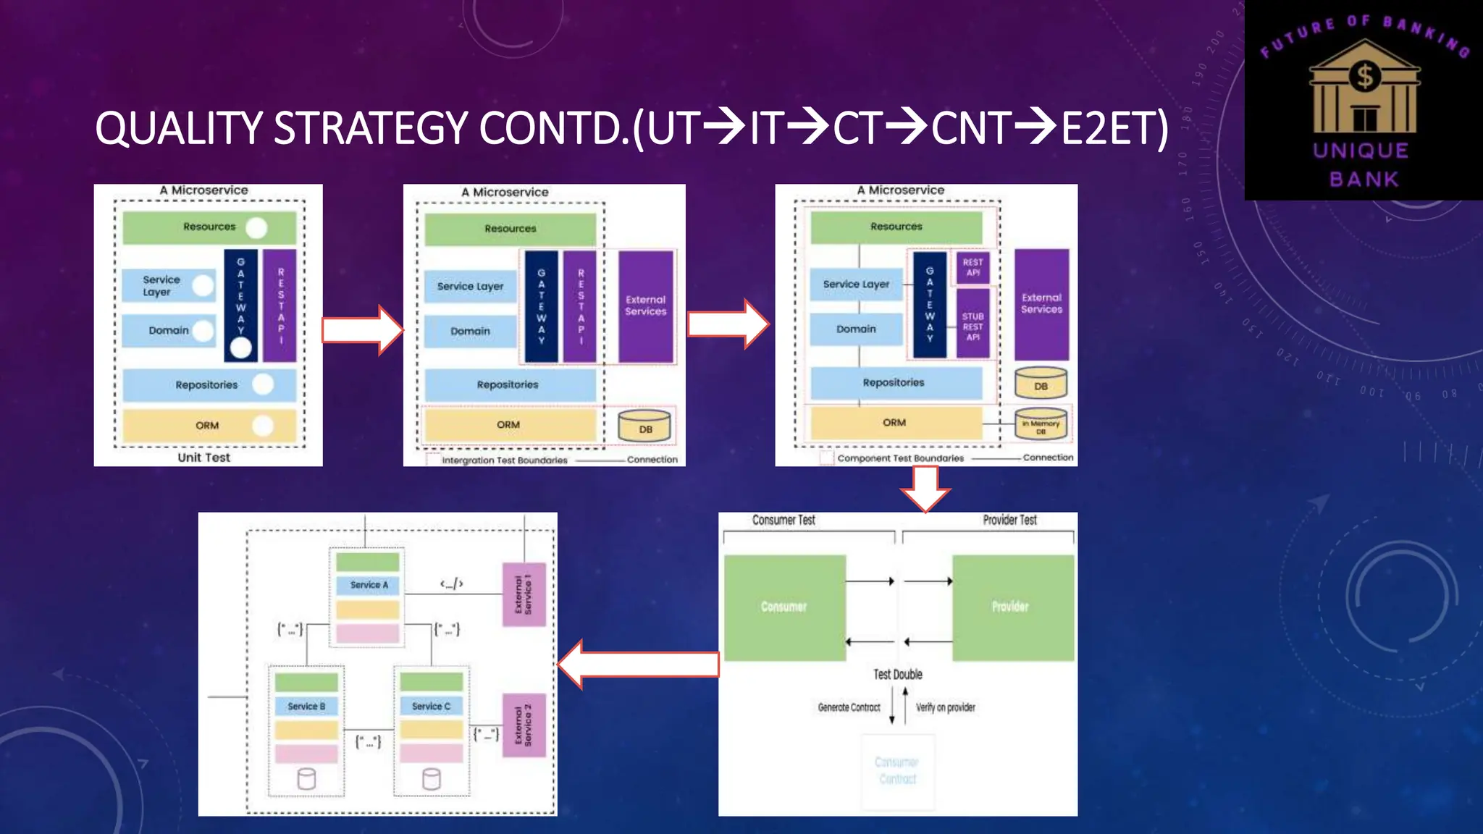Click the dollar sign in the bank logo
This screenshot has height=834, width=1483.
1365,76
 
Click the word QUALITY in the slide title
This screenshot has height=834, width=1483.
182,128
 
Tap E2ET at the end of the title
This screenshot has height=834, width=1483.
1114,128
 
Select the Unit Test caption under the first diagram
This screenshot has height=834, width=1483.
203,458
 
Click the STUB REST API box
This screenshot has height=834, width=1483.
972,327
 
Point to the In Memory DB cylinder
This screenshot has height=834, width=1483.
1041,425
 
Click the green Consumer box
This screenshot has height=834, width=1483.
784,607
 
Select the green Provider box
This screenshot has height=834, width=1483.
1012,607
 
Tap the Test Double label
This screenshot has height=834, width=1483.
897,674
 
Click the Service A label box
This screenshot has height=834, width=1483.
368,585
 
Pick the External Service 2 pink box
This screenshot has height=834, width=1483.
524,725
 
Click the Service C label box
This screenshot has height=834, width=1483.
431,706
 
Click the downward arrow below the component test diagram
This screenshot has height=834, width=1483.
925,489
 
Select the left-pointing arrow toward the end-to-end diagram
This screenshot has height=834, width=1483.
637,664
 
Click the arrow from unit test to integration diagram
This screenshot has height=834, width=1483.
362,330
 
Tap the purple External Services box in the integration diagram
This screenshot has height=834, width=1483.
645,306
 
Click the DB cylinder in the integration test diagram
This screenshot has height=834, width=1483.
644,426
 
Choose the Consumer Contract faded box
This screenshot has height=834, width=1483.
897,771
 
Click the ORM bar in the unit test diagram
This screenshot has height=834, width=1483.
209,426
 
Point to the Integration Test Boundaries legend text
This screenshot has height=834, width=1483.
505,460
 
